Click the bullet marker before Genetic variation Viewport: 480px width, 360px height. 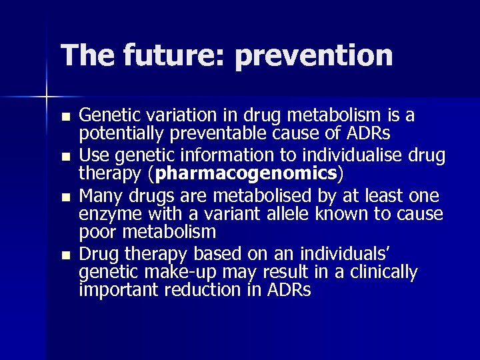(64, 117)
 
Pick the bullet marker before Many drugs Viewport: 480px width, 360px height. (64, 199)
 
